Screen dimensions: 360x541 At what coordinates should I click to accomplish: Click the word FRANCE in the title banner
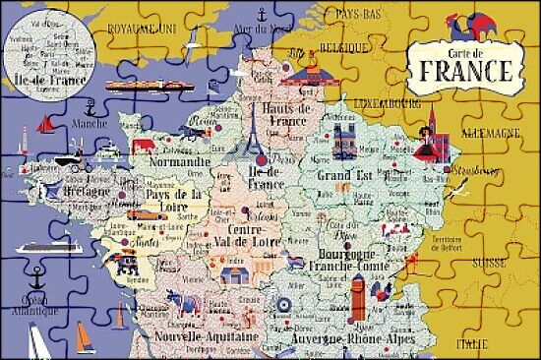pyautogui.click(x=466, y=71)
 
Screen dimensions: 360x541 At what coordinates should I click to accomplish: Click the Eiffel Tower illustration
pyautogui.click(x=252, y=133)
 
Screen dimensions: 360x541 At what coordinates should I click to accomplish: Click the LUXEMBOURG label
pyautogui.click(x=387, y=101)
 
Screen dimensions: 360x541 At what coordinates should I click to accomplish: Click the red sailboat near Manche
pyautogui.click(x=44, y=125)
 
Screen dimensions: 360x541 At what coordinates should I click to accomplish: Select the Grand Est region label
pyautogui.click(x=339, y=175)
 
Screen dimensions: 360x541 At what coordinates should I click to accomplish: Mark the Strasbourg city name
pyautogui.click(x=472, y=169)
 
